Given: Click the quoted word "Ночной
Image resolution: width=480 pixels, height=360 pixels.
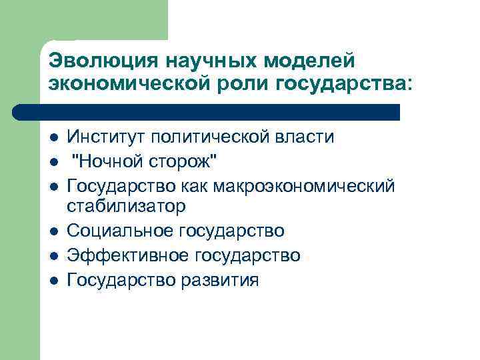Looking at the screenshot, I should point(111,161).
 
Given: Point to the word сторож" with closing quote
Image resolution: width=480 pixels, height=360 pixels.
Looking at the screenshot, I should point(189,161).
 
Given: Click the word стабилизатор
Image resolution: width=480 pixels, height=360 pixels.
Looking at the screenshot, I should point(126,206).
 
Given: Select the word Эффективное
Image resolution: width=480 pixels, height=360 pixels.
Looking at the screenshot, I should point(125,255).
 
